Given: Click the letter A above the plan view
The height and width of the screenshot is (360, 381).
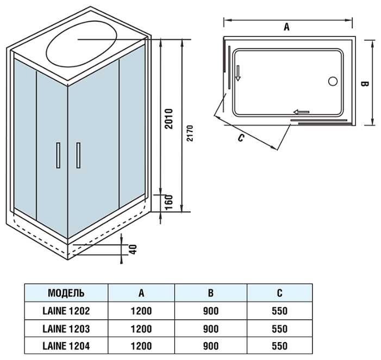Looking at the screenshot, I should pos(286,27).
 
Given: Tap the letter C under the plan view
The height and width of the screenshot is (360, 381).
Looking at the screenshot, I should pos(241,138).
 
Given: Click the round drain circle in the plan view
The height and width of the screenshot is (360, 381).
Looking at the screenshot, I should pos(333,82).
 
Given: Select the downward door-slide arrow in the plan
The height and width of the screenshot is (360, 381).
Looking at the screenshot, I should pos(238,72).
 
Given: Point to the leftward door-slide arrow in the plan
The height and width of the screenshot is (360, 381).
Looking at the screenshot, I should pos(301,112).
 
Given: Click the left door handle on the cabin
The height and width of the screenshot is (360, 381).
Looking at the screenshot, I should pos(58,156).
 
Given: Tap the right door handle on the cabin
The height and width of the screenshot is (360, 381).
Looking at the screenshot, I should pos(78,156).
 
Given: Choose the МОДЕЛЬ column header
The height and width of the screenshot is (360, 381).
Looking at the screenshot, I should pos(66,293).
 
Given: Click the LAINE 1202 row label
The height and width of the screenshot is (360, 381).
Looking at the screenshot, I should pos(66,312).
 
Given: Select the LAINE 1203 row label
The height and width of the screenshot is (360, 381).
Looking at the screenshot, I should pos(66,329).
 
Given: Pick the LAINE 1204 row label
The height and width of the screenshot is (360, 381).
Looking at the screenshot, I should pos(66,346).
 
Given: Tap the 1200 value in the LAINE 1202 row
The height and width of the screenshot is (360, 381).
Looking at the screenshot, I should pos(141,312).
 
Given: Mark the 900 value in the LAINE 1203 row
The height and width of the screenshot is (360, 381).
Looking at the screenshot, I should pos(210,329).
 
